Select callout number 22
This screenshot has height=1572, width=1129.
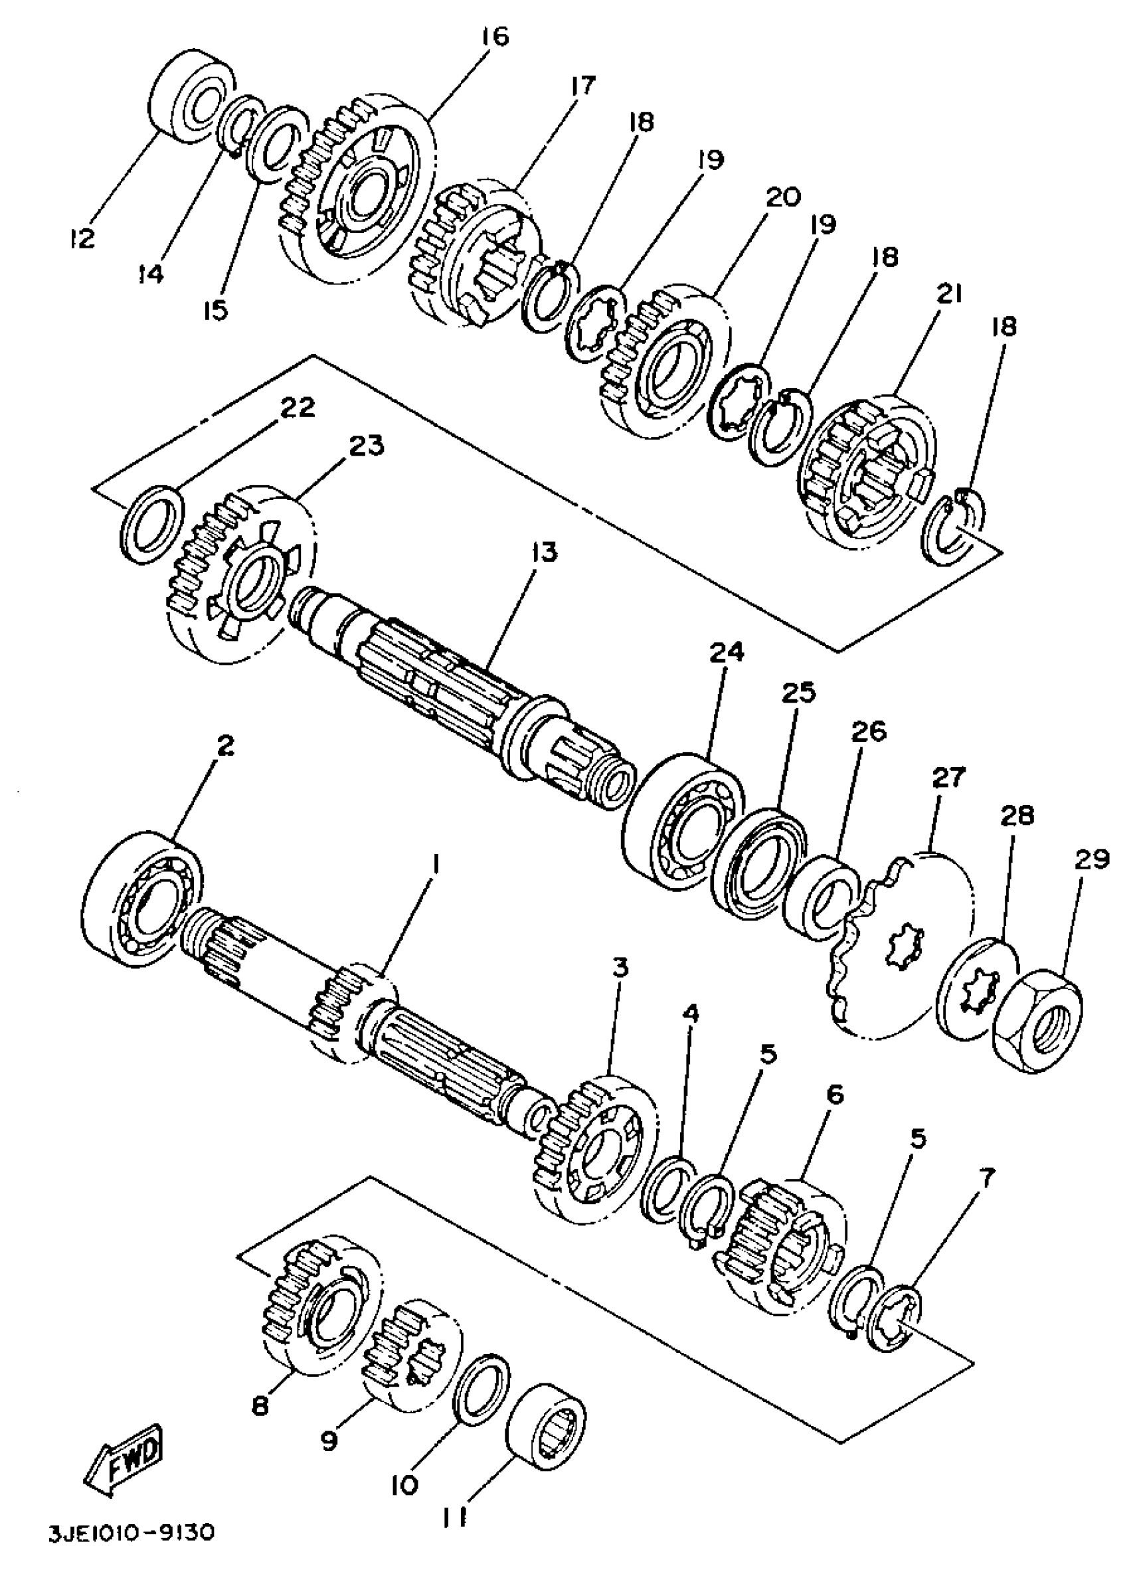tap(297, 407)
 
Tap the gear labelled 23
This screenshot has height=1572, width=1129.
tap(239, 576)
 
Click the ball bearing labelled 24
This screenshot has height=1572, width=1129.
tap(683, 821)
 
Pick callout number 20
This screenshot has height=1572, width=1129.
tap(782, 197)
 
